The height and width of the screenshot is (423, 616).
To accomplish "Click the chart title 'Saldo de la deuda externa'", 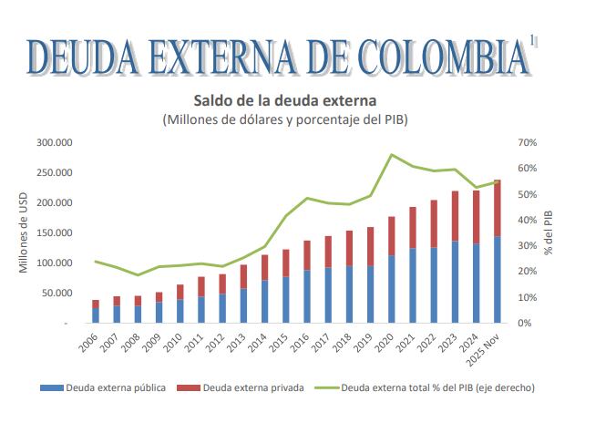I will (284, 99).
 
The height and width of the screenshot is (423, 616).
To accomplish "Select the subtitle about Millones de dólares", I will (284, 119).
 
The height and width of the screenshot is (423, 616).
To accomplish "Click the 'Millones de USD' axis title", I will (25, 233).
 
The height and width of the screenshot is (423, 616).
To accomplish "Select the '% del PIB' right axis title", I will (549, 232).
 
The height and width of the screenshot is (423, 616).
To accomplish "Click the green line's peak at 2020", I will (392, 155).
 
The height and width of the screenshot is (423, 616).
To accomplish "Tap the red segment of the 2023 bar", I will (455, 216).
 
